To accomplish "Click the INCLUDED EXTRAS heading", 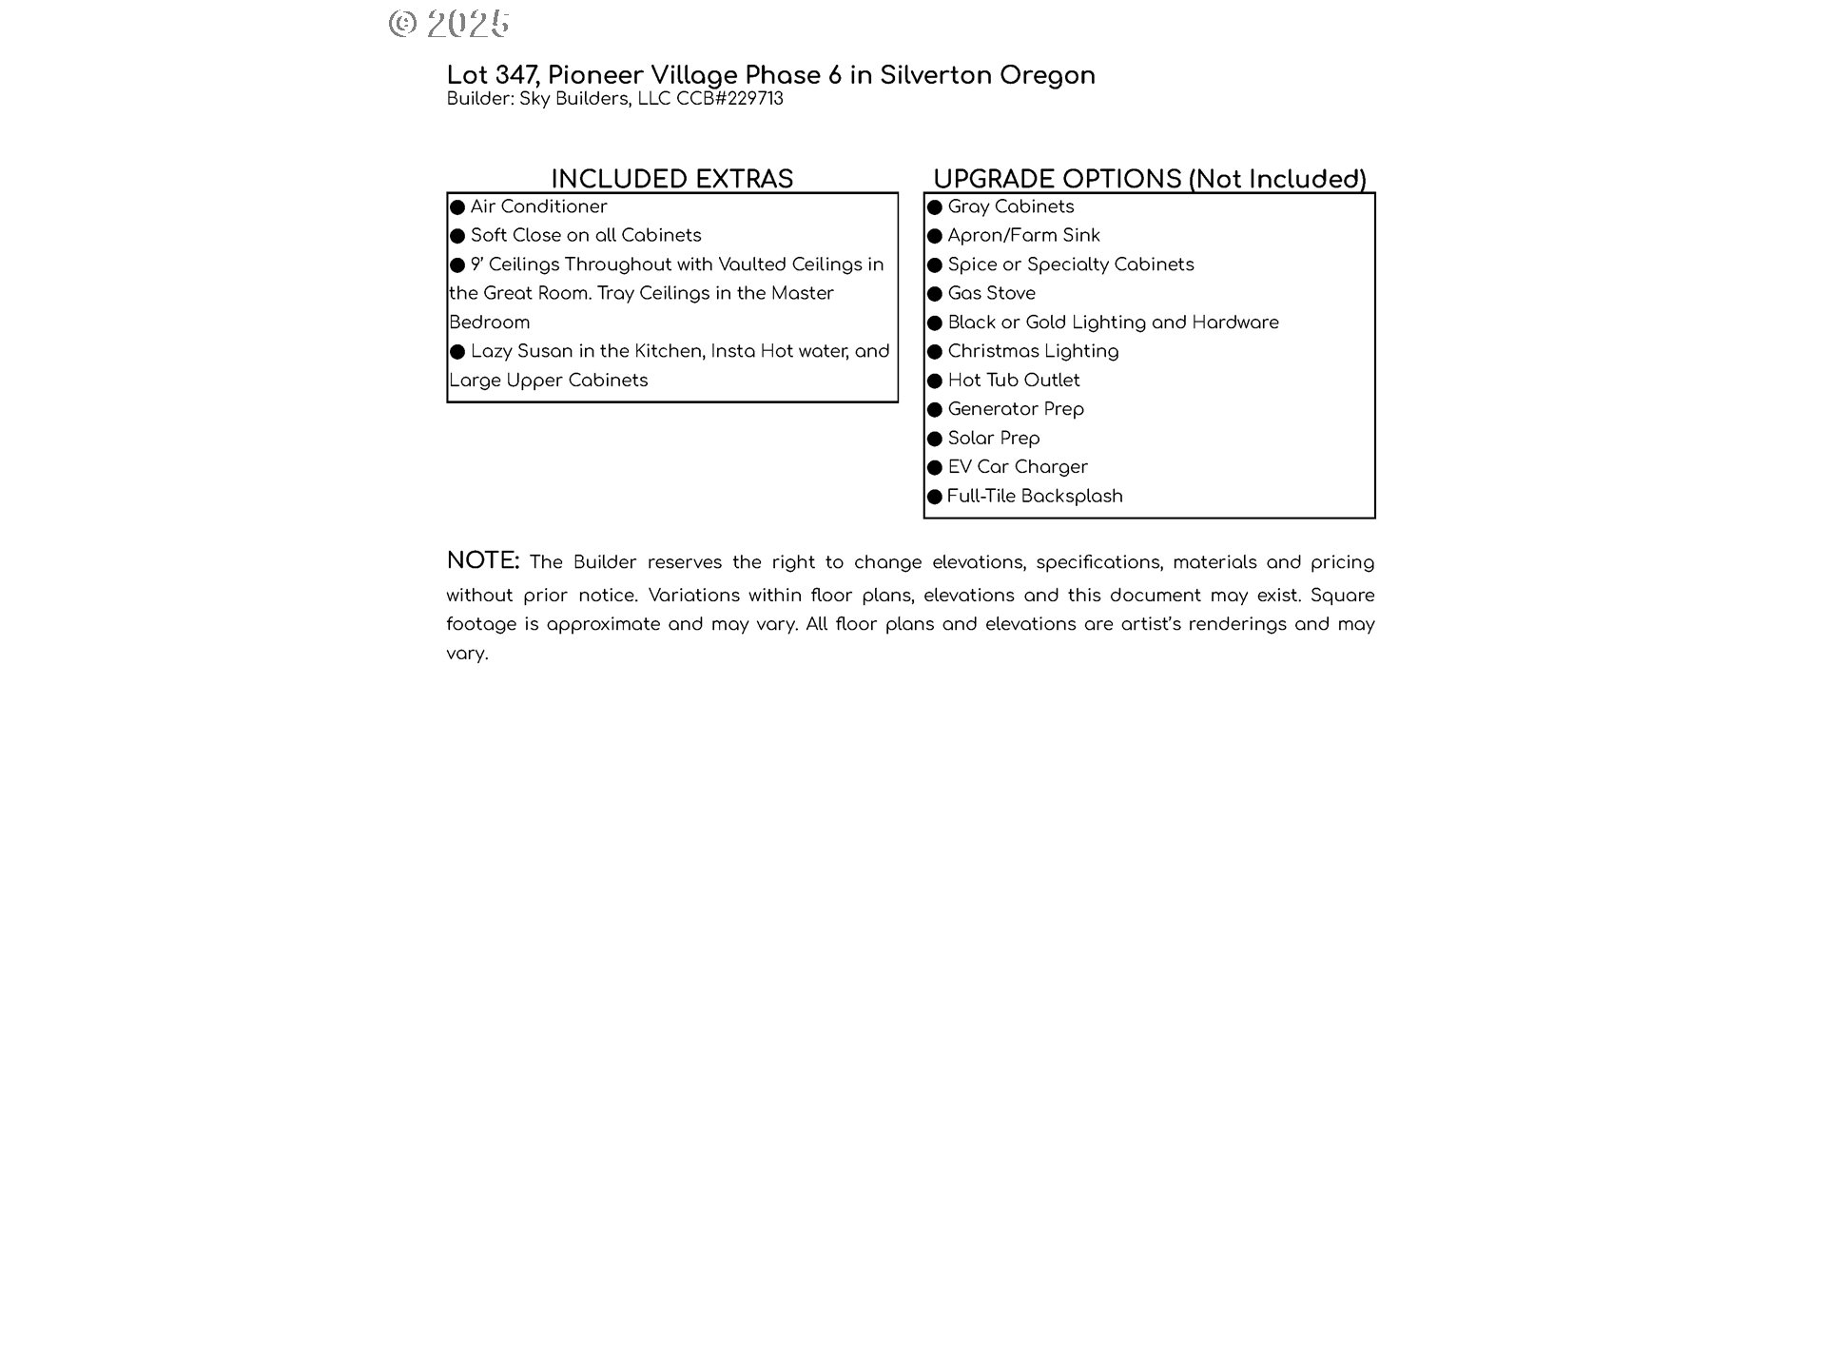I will point(671,179).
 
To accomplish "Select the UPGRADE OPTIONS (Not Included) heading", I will point(1149,179).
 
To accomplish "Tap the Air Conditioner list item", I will point(538,206).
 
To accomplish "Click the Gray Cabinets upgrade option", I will point(1010,206).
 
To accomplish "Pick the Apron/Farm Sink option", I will point(1023,235).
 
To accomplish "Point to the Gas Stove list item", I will point(991,293).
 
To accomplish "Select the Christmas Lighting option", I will point(1033,351).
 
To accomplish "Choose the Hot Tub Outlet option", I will point(1014,380).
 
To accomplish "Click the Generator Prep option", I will point(1016,409).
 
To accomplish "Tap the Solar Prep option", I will point(994,438).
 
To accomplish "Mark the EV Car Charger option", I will point(1018,467).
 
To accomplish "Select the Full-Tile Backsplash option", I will point(1035,496).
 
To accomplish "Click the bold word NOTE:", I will point(483,560).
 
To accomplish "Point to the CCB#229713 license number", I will point(729,99).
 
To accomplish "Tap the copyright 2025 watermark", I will point(449,23).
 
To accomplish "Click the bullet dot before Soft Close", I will point(457,236).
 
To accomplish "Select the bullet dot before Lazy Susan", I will point(457,352).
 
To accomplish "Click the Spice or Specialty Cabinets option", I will point(1070,264).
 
